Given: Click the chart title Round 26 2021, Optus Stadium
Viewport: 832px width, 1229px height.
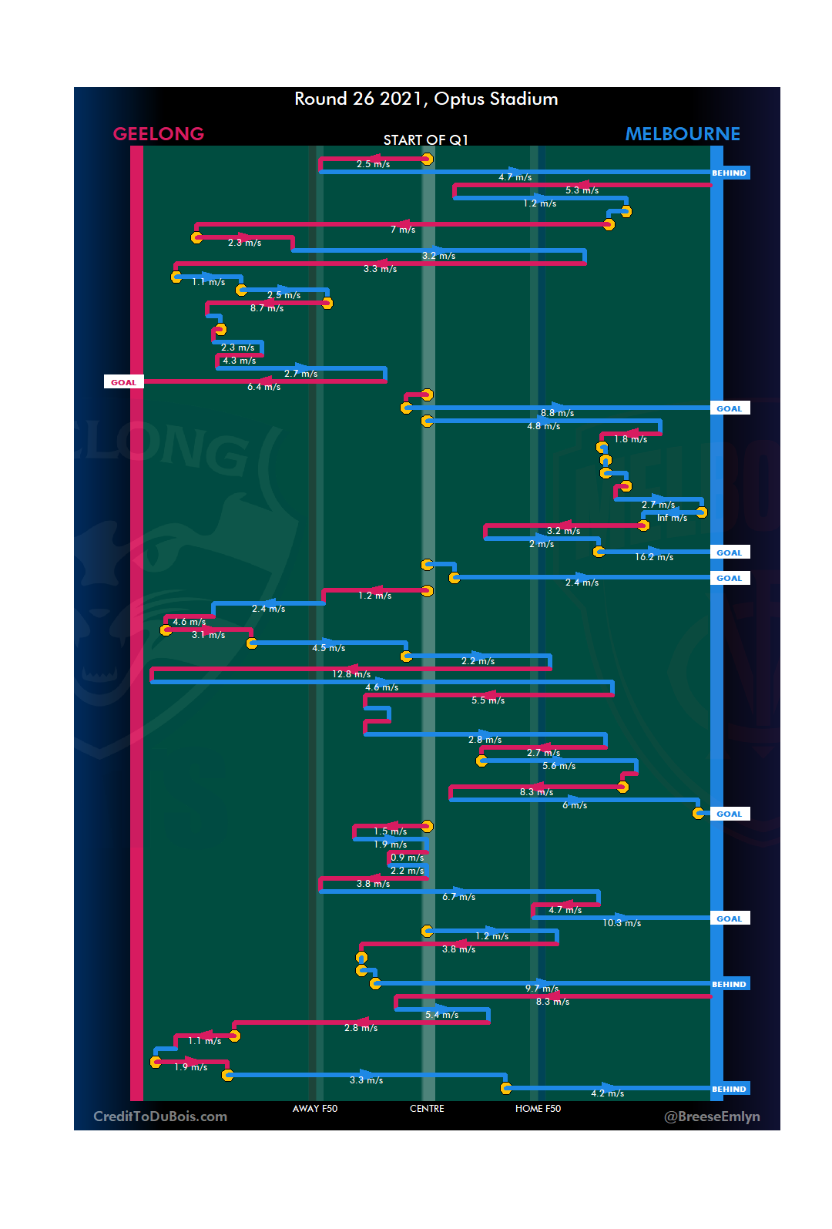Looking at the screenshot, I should point(426,99).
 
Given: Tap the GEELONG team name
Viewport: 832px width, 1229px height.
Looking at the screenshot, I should point(159,134).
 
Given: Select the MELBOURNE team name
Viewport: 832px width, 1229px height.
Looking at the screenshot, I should point(683,134).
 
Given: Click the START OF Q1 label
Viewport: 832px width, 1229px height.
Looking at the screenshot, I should point(426,139).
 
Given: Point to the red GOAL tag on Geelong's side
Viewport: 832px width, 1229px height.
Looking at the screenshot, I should point(123,382).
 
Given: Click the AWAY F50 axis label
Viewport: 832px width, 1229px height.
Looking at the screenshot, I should point(315,1109).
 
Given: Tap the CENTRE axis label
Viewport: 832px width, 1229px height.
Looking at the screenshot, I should point(427,1109).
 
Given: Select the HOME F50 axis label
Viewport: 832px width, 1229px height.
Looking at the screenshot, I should point(538,1109).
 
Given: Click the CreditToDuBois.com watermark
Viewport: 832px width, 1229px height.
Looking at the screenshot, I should point(160,1117).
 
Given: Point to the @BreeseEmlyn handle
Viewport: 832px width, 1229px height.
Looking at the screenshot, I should point(712,1117).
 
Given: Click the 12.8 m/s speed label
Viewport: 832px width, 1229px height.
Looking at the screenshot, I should point(351,674).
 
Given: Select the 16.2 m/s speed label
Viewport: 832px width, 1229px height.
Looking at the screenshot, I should point(654,557).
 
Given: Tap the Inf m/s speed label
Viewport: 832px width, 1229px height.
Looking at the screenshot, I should point(672,518).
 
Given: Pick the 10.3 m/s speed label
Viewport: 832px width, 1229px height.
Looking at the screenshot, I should point(622,923).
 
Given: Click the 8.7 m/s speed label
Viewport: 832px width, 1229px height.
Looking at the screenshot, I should point(267,308).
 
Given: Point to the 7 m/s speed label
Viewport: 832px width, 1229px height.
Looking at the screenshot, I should point(403,230).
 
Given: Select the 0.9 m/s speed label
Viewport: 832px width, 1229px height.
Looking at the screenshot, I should point(407,858).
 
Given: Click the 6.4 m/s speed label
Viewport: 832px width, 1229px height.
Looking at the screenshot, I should point(263,387).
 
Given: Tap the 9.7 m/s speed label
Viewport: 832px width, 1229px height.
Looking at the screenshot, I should point(542,989).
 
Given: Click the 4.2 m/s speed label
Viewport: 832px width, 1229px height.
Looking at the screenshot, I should point(608,1093).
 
